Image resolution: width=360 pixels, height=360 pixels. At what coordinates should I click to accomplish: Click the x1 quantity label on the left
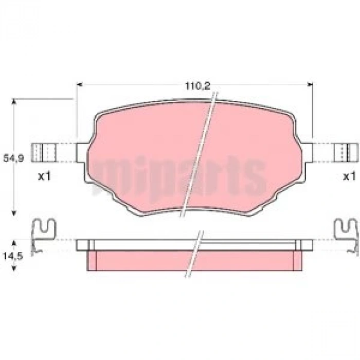pos(44,177)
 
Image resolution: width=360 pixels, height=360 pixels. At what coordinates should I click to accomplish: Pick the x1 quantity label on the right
pos(349,177)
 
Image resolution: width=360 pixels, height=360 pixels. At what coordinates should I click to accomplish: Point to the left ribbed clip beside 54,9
pos(44,152)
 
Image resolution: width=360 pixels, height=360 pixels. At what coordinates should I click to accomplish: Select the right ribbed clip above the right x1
pos(346,152)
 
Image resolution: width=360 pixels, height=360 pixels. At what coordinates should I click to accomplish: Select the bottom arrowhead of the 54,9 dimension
pos(14,214)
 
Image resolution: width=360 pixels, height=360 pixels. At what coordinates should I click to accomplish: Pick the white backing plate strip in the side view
pos(139,245)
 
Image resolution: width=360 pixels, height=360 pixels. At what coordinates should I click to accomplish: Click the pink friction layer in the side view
pos(139,260)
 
